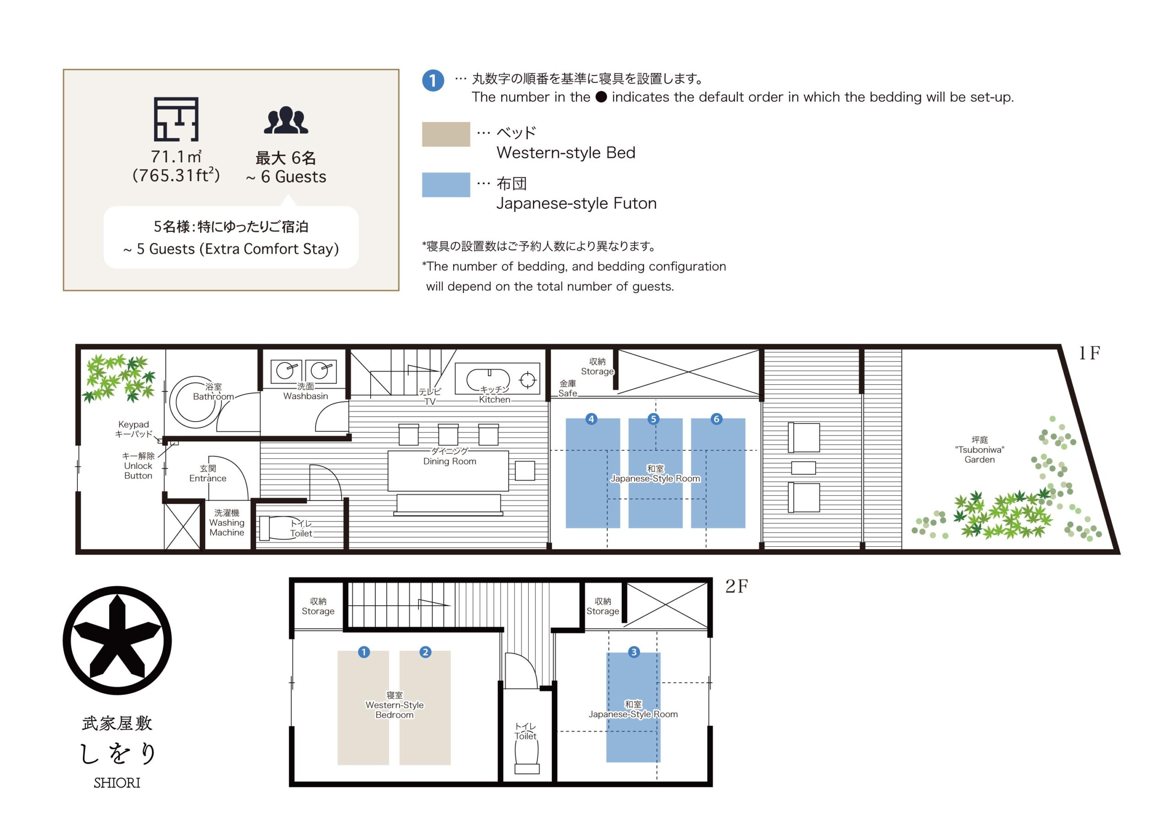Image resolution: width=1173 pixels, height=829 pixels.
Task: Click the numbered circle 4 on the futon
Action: pos(591,419)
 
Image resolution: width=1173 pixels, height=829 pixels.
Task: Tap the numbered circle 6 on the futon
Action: pos(716,419)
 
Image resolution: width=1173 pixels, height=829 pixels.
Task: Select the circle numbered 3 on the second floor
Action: pos(634,652)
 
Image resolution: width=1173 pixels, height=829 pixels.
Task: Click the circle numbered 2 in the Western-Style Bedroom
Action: pos(425,652)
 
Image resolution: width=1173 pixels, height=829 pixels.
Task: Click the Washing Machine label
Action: pos(227,522)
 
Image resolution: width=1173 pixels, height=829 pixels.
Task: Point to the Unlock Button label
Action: pos(138,466)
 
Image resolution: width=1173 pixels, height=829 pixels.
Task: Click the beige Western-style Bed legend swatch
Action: pos(446,134)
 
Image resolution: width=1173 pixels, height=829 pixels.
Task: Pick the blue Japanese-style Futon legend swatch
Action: pos(446,185)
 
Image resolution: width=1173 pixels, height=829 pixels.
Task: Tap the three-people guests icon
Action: pos(286,120)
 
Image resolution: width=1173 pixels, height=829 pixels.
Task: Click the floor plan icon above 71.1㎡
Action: pos(176,119)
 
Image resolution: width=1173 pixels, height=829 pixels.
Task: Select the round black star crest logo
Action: pos(117,640)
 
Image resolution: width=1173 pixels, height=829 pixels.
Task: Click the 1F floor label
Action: pos(1089,353)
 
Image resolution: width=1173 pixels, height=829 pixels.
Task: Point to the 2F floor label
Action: pos(737,586)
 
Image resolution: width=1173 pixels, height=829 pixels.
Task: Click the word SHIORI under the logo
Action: pos(117,783)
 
